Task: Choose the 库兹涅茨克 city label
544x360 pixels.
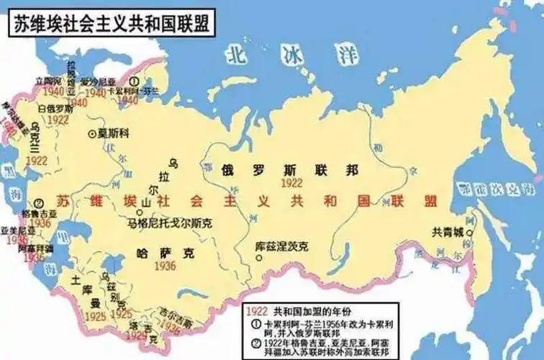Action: [x=282, y=246]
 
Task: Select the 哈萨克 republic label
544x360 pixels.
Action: [x=165, y=252]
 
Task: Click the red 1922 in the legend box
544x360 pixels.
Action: [x=257, y=311]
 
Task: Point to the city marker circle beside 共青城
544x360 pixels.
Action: [x=469, y=233]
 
